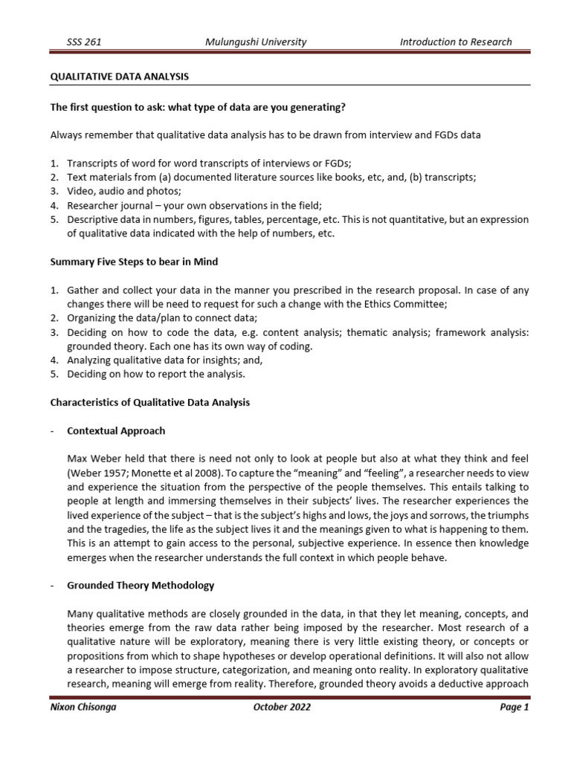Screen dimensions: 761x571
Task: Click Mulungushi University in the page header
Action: click(x=255, y=42)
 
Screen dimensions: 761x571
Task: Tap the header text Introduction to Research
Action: click(x=455, y=42)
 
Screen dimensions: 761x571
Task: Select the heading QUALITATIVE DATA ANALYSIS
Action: click(x=119, y=77)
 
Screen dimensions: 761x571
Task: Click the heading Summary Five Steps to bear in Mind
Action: click(x=133, y=262)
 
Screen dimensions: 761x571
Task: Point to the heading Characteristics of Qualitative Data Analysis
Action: click(x=149, y=402)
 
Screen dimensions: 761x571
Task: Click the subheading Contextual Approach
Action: click(x=116, y=430)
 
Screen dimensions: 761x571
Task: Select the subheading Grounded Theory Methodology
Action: click(x=141, y=585)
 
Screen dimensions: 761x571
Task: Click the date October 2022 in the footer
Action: click(x=281, y=707)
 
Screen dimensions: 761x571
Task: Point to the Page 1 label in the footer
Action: click(x=514, y=707)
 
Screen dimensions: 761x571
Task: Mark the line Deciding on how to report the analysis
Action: click(x=155, y=374)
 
